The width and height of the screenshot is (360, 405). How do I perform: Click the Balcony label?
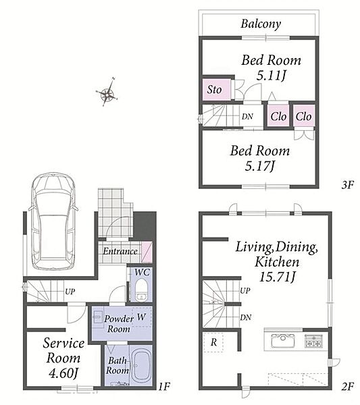[261, 24]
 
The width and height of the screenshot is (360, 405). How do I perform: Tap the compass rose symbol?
[107, 94]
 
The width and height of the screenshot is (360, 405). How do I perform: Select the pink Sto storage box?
[216, 90]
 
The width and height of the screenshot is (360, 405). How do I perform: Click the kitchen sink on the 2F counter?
[282, 341]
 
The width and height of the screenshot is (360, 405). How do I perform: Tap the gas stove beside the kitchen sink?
[313, 340]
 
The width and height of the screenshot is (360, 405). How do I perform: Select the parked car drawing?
[54, 221]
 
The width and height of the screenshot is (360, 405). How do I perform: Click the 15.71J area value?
[277, 277]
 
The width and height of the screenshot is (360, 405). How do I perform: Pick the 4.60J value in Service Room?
[63, 373]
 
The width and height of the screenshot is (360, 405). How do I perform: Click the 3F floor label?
[347, 185]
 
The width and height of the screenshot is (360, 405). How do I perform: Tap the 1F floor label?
[164, 387]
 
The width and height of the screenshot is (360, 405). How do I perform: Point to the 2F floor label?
[347, 387]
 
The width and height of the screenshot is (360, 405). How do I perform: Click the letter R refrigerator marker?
[213, 342]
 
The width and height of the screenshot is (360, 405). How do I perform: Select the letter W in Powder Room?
[141, 317]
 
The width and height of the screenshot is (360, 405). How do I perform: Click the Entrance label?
[120, 251]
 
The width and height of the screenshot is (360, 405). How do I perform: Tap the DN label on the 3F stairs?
[247, 117]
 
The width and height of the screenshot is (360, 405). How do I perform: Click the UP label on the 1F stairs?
[70, 292]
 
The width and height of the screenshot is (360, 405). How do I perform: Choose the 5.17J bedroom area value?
[259, 165]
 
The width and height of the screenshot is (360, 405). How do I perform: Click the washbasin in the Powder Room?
[97, 317]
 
